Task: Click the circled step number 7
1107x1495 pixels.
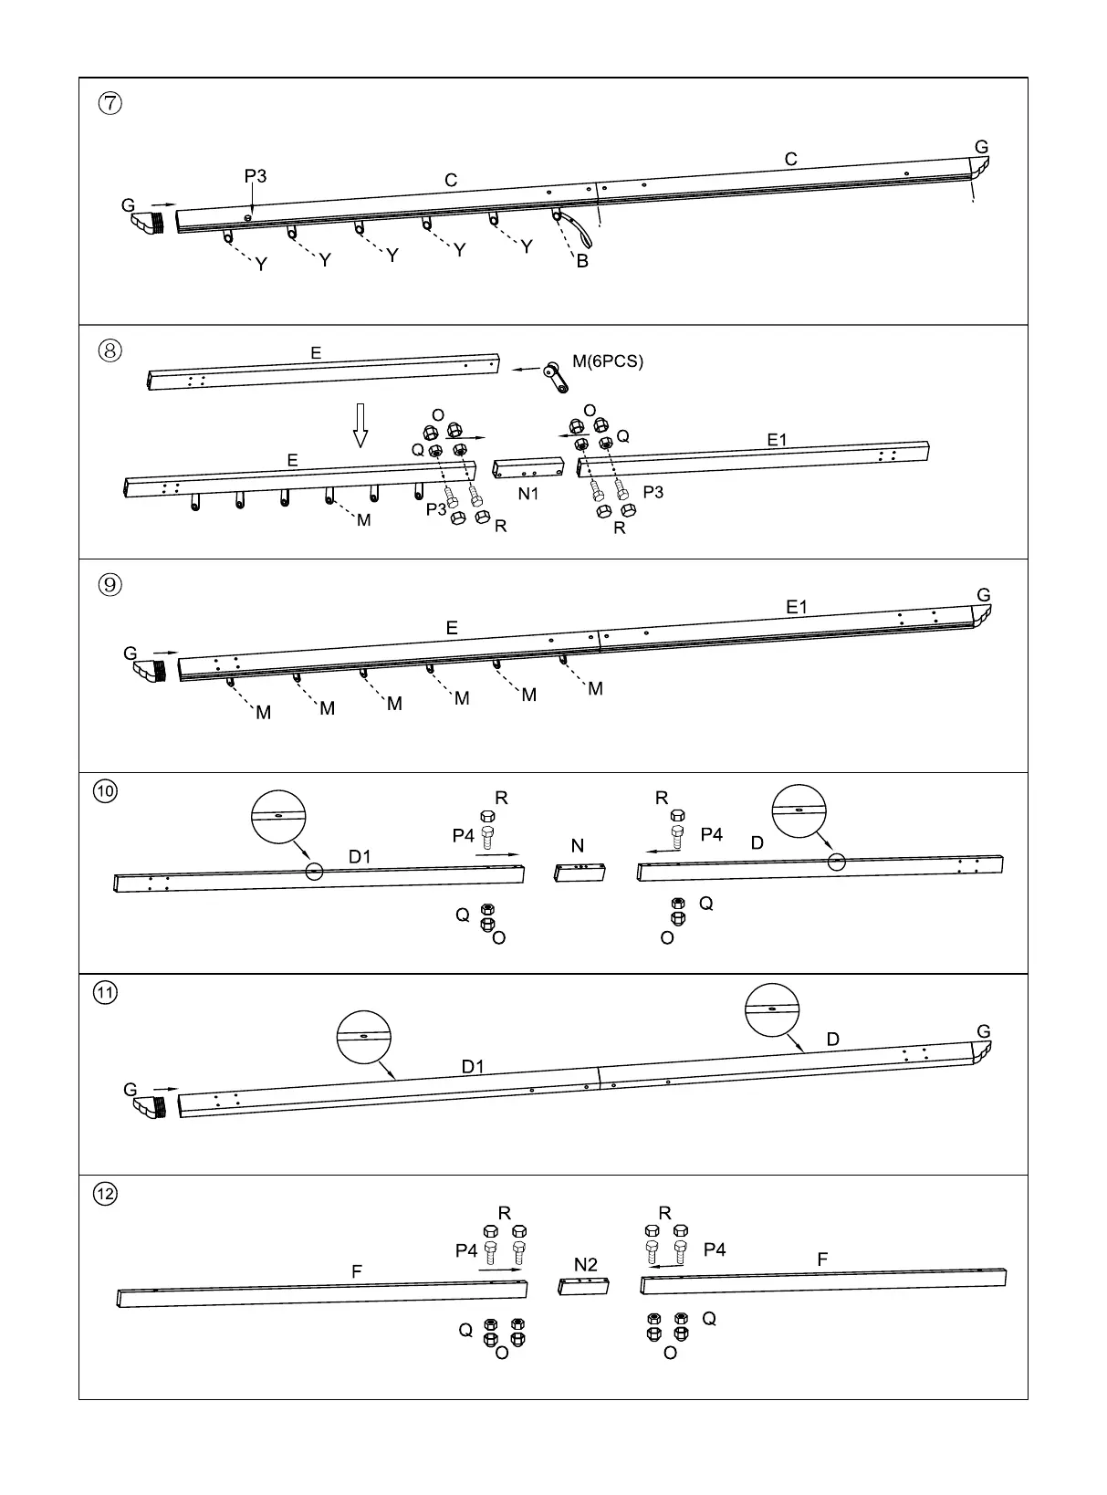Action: point(110,103)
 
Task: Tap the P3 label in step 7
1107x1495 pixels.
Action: point(256,176)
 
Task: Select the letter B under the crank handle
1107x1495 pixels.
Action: point(582,261)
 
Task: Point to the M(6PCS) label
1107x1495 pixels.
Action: point(608,361)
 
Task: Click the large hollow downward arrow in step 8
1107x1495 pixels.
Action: point(360,425)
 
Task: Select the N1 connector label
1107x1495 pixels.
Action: point(528,494)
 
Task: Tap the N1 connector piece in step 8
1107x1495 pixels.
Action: point(528,469)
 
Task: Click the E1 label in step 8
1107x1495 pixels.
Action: point(777,440)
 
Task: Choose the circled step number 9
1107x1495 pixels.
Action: point(110,585)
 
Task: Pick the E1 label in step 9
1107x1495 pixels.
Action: point(797,607)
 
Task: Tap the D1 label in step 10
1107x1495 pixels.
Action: point(360,856)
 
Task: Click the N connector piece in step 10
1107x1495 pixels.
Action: point(581,872)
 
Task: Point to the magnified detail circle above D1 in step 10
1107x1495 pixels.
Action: point(278,817)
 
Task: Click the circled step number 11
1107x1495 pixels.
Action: point(106,992)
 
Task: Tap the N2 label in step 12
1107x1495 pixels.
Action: point(586,1265)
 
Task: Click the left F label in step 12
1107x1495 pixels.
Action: point(357,1270)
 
